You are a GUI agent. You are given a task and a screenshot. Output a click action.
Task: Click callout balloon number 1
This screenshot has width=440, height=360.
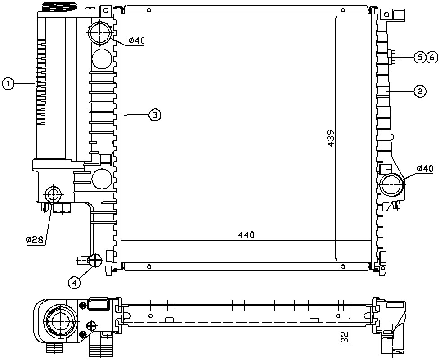click(x=8, y=84)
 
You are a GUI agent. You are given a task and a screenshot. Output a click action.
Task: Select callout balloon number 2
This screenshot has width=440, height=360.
click(x=420, y=91)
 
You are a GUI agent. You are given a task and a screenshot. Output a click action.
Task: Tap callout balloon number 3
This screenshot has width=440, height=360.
click(x=155, y=115)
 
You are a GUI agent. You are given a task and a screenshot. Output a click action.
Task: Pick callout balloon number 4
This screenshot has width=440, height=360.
click(x=74, y=283)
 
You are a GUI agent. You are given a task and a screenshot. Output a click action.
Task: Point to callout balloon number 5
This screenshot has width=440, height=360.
click(x=419, y=58)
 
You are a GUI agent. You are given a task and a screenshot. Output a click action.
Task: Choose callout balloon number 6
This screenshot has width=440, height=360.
click(x=432, y=58)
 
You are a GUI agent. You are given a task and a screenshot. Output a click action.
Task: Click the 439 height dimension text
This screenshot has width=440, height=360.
click(x=331, y=138)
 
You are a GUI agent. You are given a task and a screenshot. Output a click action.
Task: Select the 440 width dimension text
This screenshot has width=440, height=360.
click(x=246, y=234)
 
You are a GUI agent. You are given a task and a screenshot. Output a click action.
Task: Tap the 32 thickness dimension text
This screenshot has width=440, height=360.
click(x=345, y=337)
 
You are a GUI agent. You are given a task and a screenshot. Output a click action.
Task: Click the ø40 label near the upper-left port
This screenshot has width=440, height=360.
click(x=136, y=41)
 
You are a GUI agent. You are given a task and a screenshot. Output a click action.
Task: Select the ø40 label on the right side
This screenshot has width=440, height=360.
click(x=425, y=169)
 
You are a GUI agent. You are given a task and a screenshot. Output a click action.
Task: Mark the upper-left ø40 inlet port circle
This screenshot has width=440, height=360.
click(x=100, y=33)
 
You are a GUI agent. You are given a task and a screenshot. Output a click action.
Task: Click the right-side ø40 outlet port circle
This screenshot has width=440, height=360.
click(x=392, y=185)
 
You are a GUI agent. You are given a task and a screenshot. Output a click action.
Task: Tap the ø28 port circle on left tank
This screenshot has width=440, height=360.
click(x=53, y=194)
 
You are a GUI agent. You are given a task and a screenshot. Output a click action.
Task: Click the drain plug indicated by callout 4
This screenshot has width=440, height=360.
click(x=94, y=260)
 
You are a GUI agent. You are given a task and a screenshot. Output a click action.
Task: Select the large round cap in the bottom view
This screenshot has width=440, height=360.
click(x=60, y=322)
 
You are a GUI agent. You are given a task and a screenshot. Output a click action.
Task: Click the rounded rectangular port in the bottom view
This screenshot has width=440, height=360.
click(x=99, y=304)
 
